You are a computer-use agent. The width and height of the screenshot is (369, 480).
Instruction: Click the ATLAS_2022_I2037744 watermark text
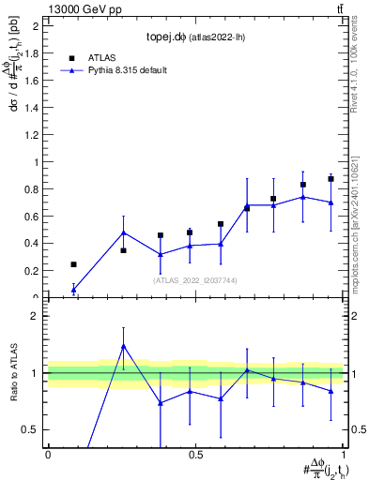pos(194,279)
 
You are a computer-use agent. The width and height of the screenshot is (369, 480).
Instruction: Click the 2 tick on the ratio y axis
pos(37,316)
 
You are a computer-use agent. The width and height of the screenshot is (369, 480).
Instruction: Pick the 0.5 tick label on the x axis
pos(195,455)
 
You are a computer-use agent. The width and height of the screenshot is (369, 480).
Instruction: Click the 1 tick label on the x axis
pos(343,455)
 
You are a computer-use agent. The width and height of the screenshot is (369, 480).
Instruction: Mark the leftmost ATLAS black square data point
pos(74,264)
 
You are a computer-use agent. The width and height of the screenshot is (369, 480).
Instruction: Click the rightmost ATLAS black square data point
pos(331,179)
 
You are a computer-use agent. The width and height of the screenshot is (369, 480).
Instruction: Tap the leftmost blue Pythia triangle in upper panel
pos(74,290)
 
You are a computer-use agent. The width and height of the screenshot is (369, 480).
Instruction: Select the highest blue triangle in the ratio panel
pos(123,346)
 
